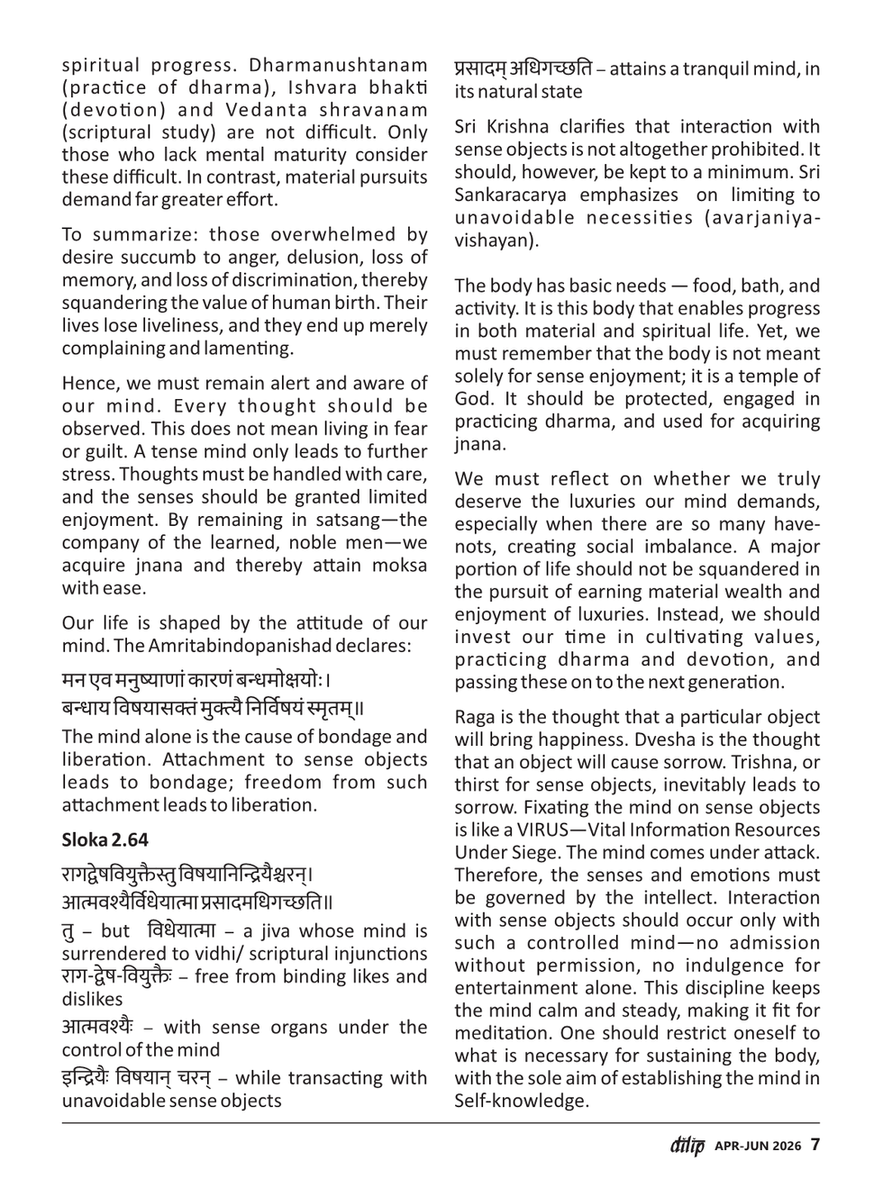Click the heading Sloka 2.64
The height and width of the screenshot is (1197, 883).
point(105,839)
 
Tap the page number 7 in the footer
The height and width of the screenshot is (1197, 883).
point(815,1146)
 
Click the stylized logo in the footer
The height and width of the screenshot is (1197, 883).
point(687,1146)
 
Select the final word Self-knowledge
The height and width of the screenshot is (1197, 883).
point(520,1101)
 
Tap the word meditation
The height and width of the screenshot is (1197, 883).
point(501,1033)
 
